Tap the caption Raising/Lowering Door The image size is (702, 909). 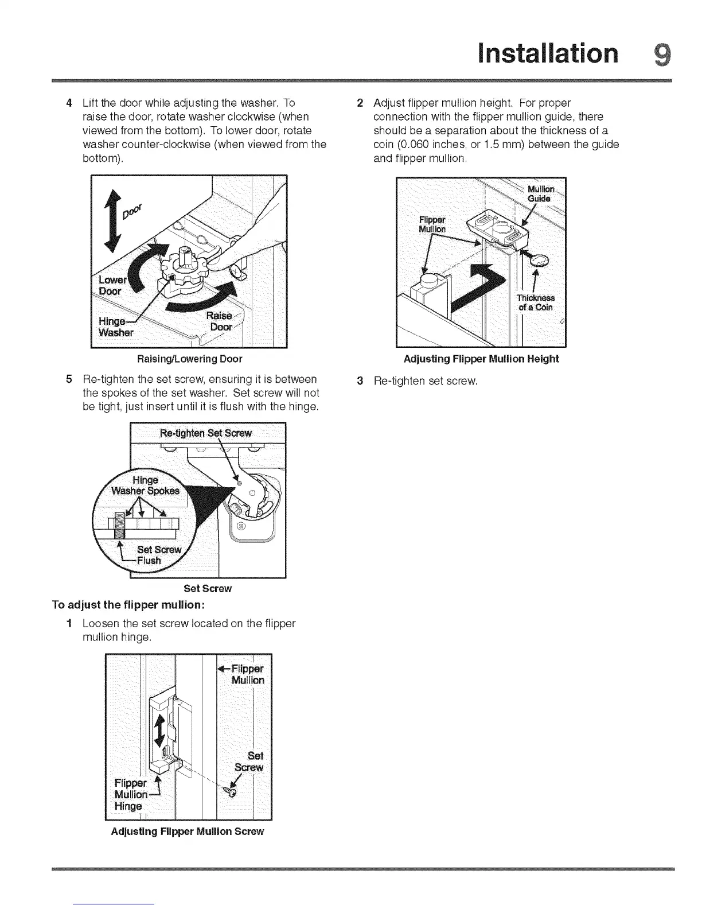point(189,359)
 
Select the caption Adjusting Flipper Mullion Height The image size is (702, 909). point(481,359)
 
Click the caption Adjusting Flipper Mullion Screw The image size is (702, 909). point(188,832)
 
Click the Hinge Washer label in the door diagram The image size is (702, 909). point(116,327)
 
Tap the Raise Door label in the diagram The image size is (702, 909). point(221,321)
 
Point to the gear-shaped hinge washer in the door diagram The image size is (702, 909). point(182,270)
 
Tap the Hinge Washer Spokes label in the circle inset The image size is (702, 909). point(145,485)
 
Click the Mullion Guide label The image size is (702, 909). point(540,194)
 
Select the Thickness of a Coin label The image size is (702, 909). point(536,302)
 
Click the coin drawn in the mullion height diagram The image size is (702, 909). point(539,261)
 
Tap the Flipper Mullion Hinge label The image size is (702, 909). point(131,795)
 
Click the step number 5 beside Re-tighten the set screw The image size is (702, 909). point(69,379)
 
